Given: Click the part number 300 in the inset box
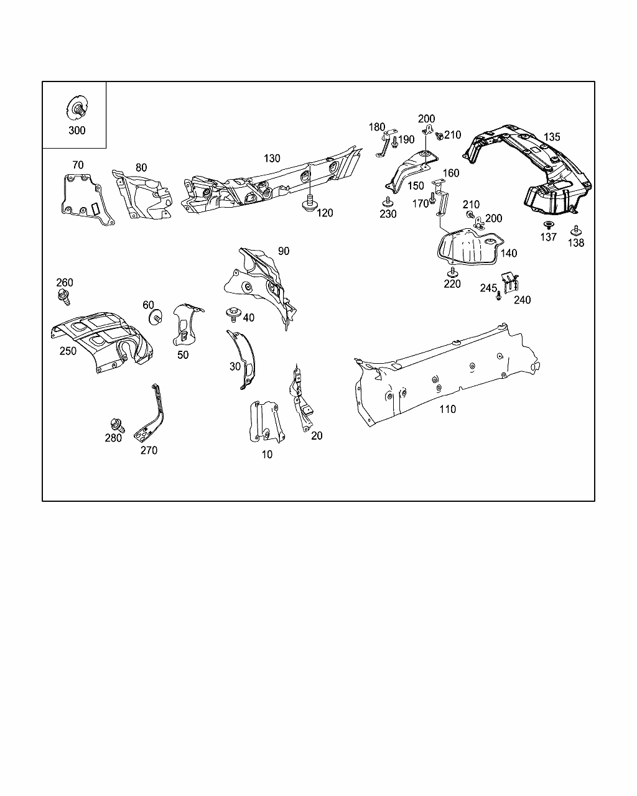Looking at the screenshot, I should [x=77, y=131].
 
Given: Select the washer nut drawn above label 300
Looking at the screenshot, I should [x=77, y=109].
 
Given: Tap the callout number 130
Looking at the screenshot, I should [x=272, y=159].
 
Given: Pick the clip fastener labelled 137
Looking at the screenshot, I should [x=549, y=225].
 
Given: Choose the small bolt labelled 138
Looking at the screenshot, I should [x=575, y=230].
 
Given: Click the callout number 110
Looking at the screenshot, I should [x=447, y=409].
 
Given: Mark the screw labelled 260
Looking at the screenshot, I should [x=63, y=296].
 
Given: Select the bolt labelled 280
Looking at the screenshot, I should [x=116, y=425].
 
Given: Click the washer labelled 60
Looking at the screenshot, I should [x=154, y=317].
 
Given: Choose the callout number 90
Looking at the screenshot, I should [x=284, y=251].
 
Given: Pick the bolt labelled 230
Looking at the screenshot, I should [x=388, y=201].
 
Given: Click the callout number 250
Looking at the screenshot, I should [x=68, y=351].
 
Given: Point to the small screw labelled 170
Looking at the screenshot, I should [x=432, y=203].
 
